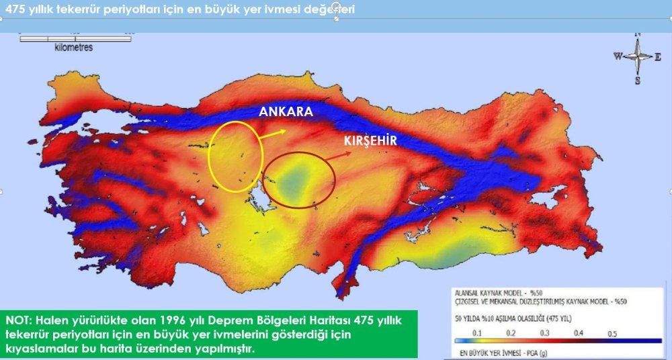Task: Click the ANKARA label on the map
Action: tap(286, 112)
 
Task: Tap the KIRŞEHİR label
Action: tap(371, 141)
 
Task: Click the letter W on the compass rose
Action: tap(618, 57)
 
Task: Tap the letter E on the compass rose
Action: tap(658, 57)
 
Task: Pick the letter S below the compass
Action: tap(638, 81)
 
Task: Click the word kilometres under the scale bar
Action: tap(74, 48)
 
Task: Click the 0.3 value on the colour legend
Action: tap(544, 333)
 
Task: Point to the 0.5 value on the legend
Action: tap(612, 333)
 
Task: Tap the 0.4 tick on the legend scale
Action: tap(579, 333)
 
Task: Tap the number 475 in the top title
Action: tap(15, 9)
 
